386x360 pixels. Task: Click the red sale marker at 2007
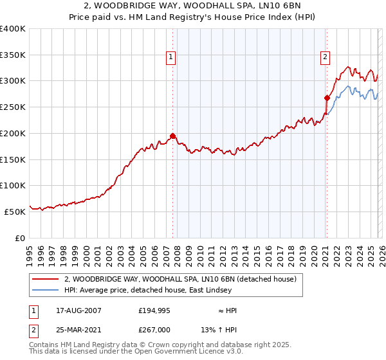click(172, 136)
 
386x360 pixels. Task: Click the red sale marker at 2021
click(327, 98)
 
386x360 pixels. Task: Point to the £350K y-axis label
click(13, 55)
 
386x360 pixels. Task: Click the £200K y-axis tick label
click(13, 133)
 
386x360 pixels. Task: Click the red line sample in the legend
click(46, 279)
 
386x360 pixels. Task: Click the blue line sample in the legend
click(46, 291)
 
